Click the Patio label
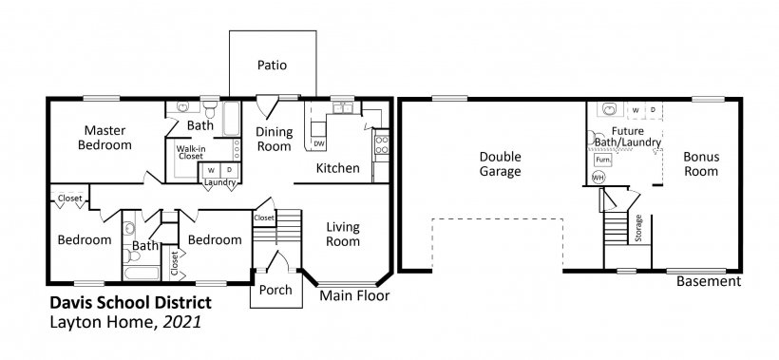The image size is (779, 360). (273, 65)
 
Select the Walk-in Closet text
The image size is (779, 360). (191, 152)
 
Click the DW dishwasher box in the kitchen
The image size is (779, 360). (319, 143)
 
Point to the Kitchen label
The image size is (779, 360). (338, 168)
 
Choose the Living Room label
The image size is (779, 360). (342, 235)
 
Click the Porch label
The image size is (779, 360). (275, 290)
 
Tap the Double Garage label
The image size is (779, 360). (501, 164)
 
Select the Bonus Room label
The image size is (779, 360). (701, 164)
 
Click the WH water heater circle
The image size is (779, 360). (598, 178)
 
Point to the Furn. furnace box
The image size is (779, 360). (603, 161)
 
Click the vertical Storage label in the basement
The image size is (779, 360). (639, 228)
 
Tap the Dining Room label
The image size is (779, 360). (274, 139)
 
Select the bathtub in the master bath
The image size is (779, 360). (232, 118)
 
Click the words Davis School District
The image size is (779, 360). (131, 302)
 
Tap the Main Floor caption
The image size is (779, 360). (354, 296)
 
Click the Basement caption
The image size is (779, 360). (709, 281)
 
